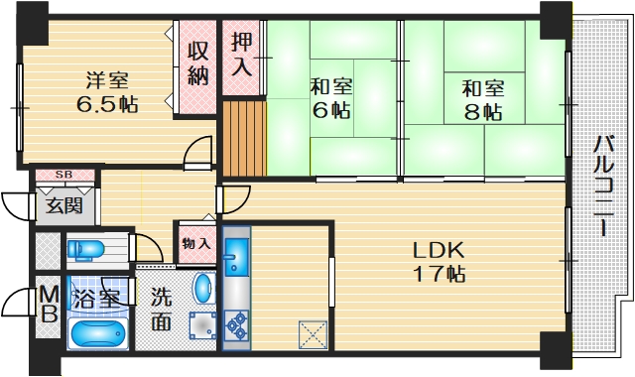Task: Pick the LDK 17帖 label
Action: (x=439, y=260)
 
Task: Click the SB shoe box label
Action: (x=63, y=176)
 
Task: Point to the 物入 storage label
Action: (x=196, y=242)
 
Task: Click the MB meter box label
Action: (x=48, y=306)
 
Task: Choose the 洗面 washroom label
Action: (x=163, y=309)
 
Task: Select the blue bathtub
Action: (x=97, y=331)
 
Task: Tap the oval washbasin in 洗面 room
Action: (x=201, y=288)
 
